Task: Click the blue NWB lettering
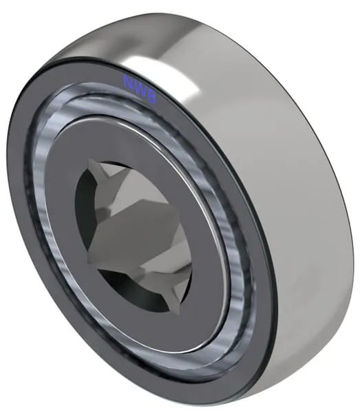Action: click(x=140, y=89)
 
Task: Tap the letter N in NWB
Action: click(x=129, y=81)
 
